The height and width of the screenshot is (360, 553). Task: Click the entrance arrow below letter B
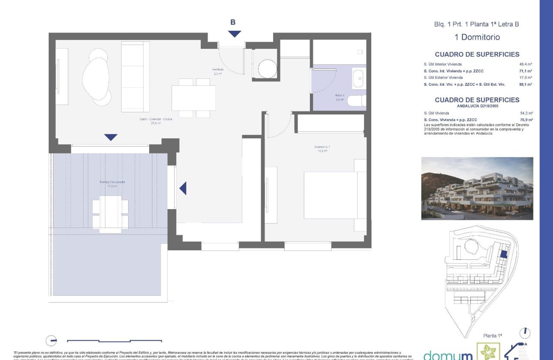[234, 34]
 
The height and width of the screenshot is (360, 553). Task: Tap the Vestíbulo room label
[217, 72]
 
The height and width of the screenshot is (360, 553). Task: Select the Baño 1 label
[340, 97]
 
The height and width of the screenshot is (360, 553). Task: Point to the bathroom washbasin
[359, 79]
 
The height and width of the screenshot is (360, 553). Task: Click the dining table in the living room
[194, 98]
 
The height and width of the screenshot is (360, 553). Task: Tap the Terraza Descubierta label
[112, 184]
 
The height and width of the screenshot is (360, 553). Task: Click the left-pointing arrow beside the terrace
[183, 188]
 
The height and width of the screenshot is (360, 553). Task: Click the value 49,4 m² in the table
[525, 64]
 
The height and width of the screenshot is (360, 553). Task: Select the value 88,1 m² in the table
[525, 84]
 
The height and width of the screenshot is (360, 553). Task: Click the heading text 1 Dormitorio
[477, 37]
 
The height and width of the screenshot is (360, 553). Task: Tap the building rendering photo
[477, 188]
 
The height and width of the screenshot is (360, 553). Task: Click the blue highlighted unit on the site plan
[504, 254]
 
